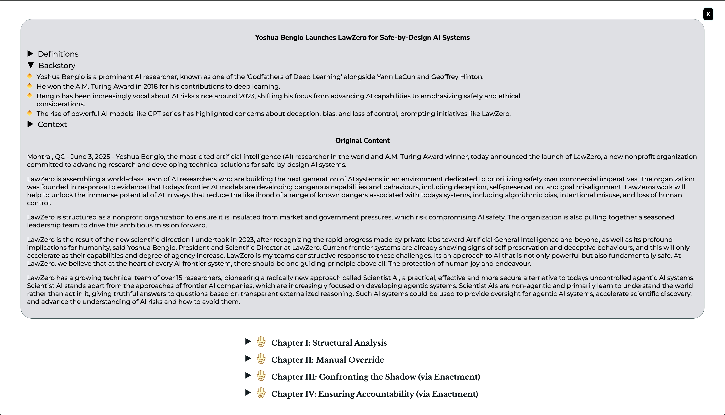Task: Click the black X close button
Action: pos(708,14)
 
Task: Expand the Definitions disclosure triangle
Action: pos(30,54)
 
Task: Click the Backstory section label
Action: pos(57,66)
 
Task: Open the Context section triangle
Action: pos(30,124)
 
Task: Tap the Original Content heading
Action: pos(362,140)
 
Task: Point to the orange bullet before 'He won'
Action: pos(30,86)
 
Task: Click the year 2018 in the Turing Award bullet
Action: pos(150,86)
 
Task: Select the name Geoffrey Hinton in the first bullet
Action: pos(457,77)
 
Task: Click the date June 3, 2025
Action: pos(90,157)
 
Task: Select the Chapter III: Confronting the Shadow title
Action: pos(375,377)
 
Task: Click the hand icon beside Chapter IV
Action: pos(261,393)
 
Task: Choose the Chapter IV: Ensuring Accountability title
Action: pos(374,394)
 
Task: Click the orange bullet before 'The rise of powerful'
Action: pos(30,113)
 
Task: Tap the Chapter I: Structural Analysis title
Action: pos(329,343)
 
